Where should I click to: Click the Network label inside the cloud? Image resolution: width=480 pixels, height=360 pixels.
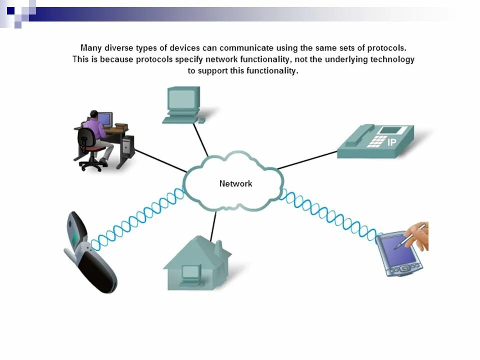[x=235, y=183]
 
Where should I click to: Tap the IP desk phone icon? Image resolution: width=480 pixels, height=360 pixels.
[x=375, y=142]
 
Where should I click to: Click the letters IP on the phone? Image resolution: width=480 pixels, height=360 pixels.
[x=392, y=142]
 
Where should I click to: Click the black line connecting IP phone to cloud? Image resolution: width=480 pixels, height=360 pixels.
[x=307, y=159]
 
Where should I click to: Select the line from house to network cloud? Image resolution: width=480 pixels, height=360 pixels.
[x=213, y=226]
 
